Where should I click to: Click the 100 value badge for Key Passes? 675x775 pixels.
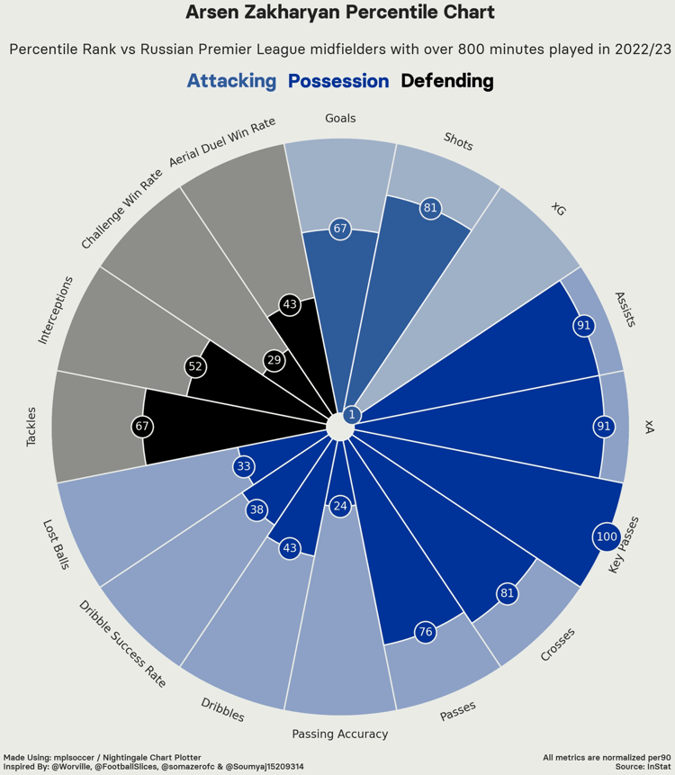point(607,537)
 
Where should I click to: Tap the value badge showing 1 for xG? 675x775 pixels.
point(352,415)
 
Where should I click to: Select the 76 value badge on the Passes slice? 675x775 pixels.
point(426,632)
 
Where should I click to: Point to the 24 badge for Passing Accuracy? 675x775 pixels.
point(339,506)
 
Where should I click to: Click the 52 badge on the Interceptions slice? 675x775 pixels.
point(195,366)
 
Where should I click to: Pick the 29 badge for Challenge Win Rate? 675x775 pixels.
point(274,361)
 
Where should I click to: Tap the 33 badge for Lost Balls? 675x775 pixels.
point(243,466)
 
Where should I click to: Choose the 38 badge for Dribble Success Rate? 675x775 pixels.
point(256,509)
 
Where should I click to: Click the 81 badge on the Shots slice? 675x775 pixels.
point(430,208)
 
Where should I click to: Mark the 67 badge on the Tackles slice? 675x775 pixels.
point(141,426)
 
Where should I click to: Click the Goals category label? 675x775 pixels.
point(340,118)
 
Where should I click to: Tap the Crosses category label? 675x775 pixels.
point(558,644)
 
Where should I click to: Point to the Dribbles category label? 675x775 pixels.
point(222,710)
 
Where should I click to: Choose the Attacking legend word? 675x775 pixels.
point(231,81)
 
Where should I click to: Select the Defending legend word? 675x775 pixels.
point(447,81)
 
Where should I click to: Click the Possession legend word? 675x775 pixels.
point(338,81)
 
